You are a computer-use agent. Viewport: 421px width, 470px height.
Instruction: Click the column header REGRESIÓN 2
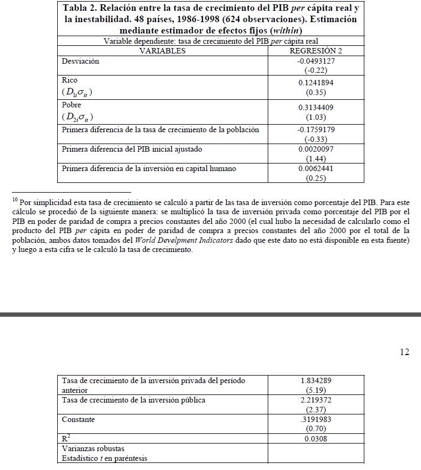click(x=316, y=51)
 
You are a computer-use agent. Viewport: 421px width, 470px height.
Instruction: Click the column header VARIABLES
click(x=162, y=51)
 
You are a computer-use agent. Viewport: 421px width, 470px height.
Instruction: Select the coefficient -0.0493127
click(x=316, y=61)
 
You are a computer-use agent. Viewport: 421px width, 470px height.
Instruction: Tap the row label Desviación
click(x=81, y=61)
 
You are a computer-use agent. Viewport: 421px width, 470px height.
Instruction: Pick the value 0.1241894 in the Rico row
click(x=316, y=83)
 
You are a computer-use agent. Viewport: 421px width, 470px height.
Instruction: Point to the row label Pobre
click(x=72, y=105)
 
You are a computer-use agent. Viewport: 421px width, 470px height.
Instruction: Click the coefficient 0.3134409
click(x=316, y=108)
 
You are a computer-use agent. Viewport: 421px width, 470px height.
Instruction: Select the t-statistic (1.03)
click(x=316, y=117)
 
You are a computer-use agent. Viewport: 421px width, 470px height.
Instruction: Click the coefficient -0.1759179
click(x=316, y=130)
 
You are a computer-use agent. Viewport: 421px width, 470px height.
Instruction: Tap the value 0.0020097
click(x=316, y=149)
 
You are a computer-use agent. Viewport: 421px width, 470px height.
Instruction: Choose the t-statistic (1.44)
click(x=316, y=159)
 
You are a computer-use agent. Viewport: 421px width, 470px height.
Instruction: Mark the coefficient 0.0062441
click(x=316, y=168)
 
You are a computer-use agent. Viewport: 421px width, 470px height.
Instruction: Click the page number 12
click(x=404, y=352)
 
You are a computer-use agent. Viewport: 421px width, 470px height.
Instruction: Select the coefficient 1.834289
click(x=316, y=380)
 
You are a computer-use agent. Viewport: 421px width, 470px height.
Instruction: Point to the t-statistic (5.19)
click(x=316, y=390)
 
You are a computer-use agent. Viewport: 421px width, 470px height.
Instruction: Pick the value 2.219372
click(x=316, y=400)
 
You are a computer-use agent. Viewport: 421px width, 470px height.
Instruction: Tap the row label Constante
click(x=78, y=419)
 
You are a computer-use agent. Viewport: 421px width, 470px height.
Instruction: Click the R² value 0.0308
click(x=316, y=439)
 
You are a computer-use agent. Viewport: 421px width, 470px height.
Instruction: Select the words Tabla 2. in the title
click(x=82, y=9)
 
